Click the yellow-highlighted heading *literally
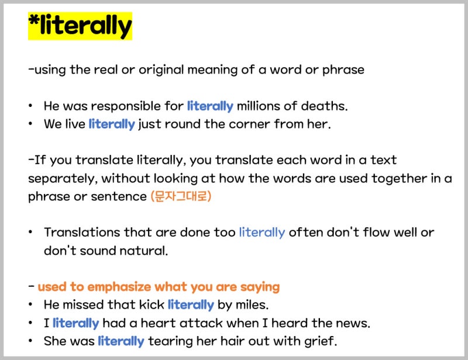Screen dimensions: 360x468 80,26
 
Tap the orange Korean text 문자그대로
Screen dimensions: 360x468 181,196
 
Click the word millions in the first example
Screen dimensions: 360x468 259,106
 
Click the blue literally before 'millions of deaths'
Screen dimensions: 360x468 210,106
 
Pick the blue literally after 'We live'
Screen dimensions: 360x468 112,124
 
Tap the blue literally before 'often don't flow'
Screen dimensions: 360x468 261,232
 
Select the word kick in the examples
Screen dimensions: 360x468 152,304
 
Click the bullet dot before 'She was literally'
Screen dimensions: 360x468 30,341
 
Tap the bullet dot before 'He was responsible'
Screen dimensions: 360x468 30,106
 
